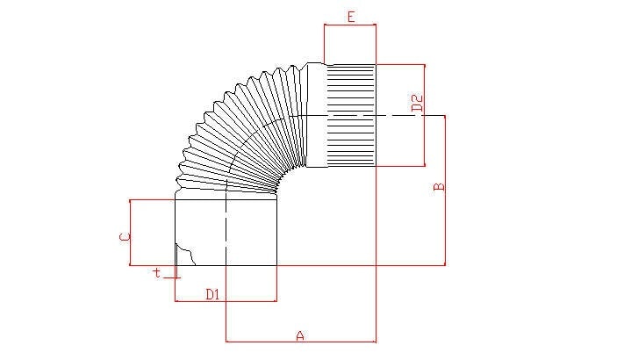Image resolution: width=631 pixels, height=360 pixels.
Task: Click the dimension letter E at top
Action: point(351,17)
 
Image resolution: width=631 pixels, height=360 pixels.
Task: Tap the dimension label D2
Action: point(417,104)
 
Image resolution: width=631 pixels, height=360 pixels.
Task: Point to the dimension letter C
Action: point(125,237)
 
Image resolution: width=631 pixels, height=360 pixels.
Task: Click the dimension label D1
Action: point(212,294)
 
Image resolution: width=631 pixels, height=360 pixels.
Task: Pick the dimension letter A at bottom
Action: point(300,335)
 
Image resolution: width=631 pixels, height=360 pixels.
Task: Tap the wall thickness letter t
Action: point(157,272)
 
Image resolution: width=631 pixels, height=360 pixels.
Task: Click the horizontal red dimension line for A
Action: point(301,342)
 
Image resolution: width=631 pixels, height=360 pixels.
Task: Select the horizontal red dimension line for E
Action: point(350,25)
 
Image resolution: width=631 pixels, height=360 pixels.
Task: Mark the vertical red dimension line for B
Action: point(445,191)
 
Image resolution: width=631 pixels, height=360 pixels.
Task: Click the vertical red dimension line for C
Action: point(130,233)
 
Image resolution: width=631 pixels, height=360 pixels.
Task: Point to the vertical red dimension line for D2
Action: point(424,115)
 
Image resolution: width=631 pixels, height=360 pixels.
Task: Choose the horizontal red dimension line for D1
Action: point(226,300)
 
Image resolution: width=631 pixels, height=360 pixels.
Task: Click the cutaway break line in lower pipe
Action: point(186,253)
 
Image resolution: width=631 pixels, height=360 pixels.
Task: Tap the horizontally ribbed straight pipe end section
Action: point(351,115)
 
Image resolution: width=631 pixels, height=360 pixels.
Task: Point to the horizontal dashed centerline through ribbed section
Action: point(362,116)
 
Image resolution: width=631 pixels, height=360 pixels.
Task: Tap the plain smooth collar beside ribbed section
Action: point(316,115)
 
